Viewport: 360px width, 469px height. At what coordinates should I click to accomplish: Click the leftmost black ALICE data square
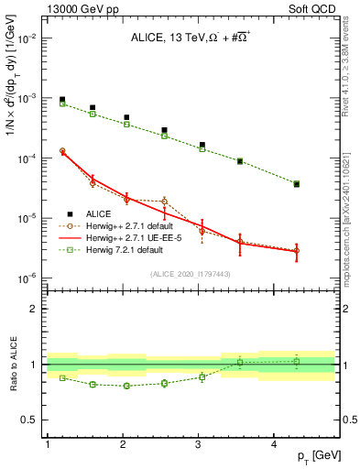tap(62, 99)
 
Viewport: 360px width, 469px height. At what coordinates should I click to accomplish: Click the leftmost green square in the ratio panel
tap(62, 377)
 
